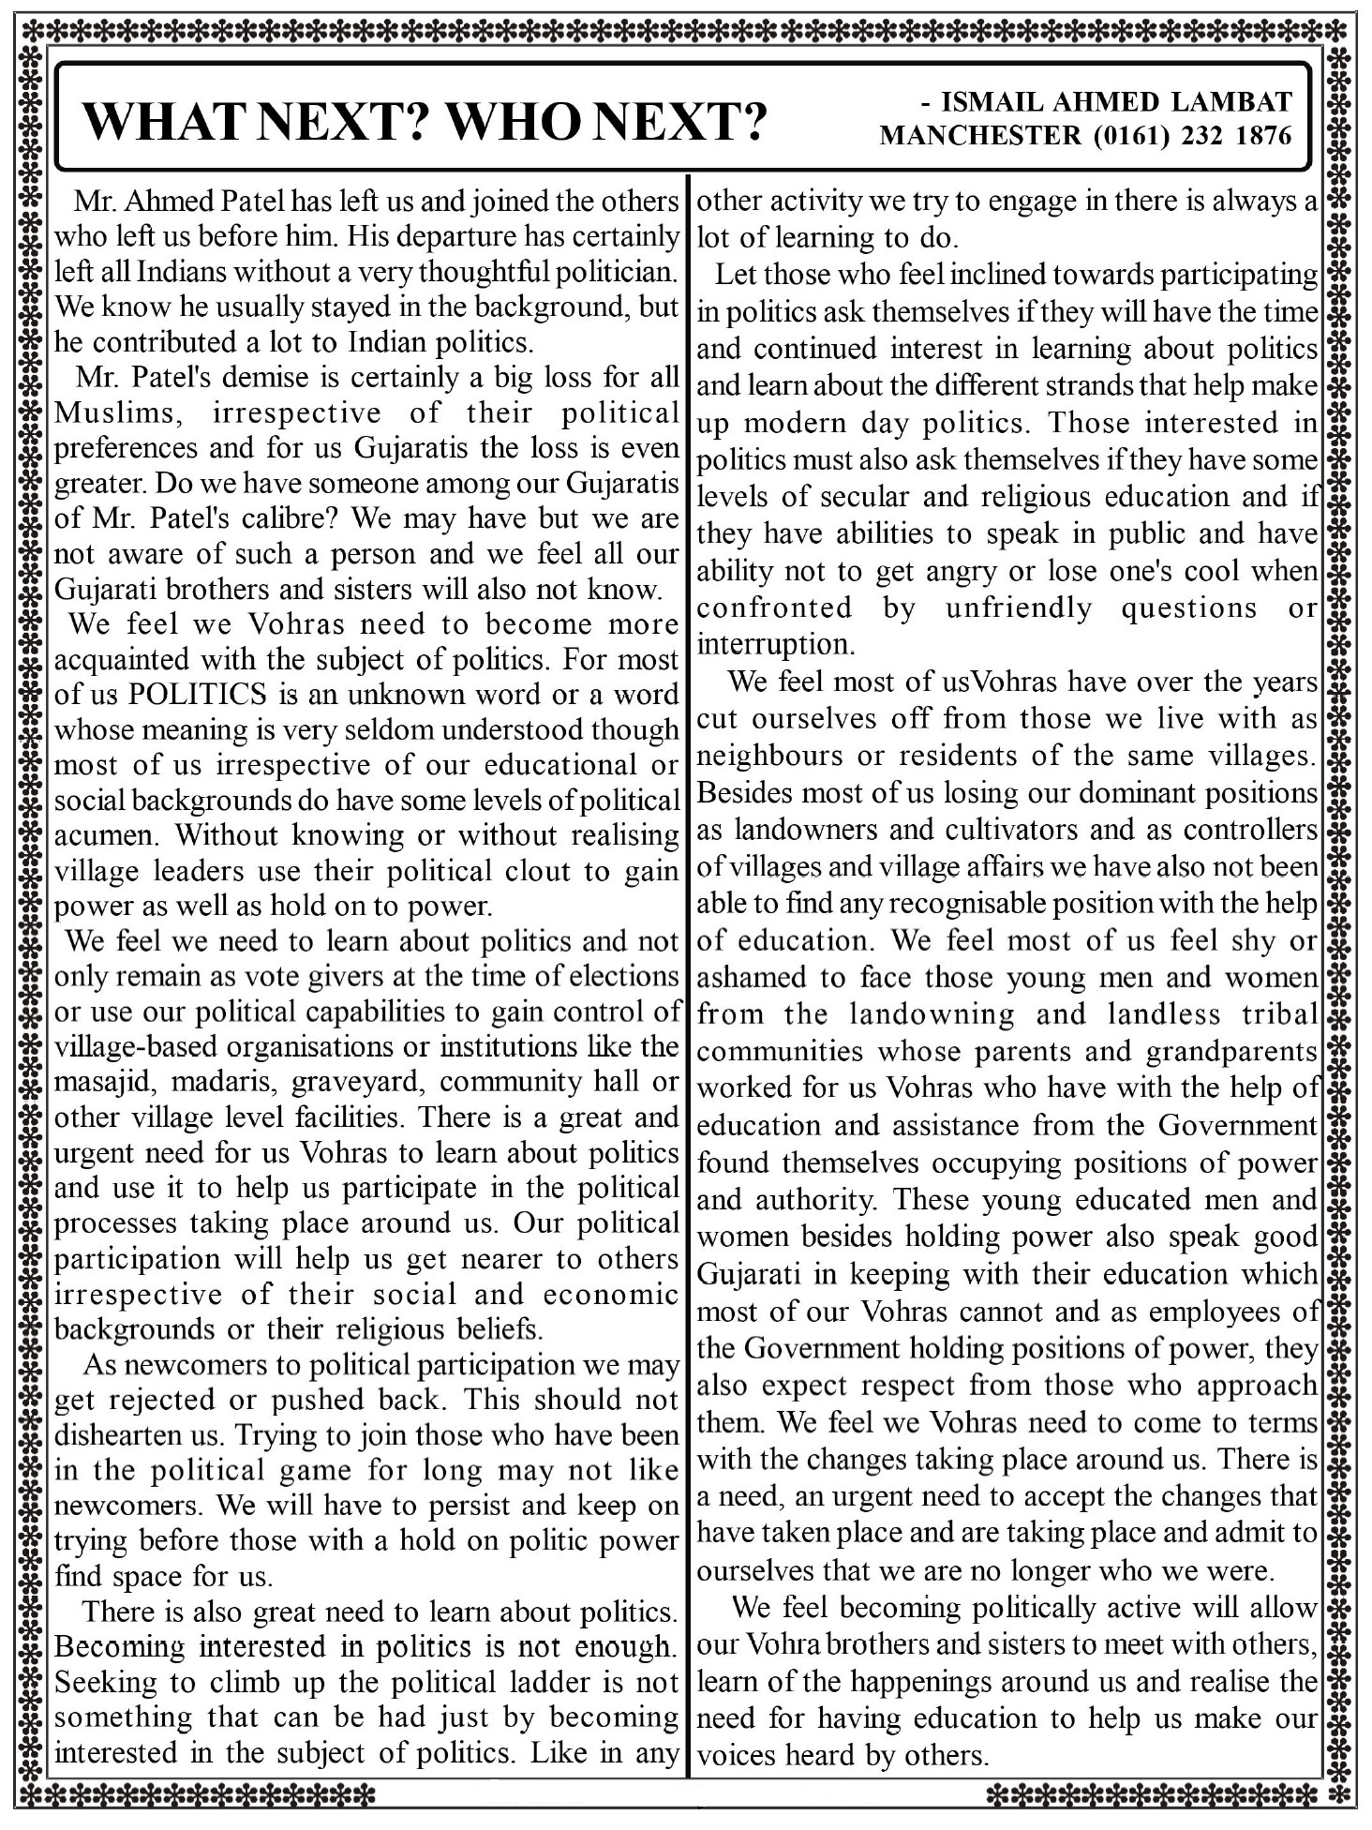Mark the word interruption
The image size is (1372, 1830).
point(775,645)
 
